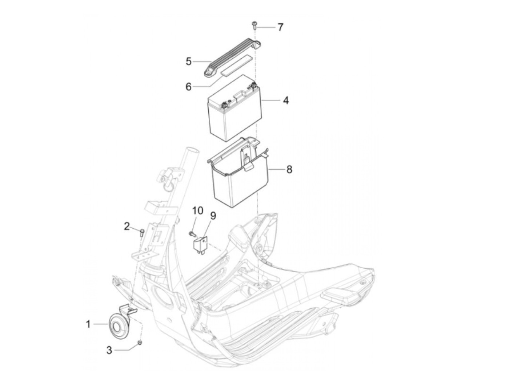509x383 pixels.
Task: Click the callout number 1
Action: point(88,323)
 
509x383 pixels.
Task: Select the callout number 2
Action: point(127,226)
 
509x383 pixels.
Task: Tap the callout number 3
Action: point(109,351)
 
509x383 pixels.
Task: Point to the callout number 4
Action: point(286,100)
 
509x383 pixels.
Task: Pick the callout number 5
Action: point(188,61)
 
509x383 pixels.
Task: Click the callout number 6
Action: point(188,87)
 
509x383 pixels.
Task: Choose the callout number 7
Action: point(280,27)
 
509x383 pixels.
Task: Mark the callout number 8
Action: point(289,169)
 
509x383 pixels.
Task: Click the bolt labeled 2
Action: point(142,232)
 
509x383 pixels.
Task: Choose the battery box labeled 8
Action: point(240,178)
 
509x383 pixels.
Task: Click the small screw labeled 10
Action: point(191,232)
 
